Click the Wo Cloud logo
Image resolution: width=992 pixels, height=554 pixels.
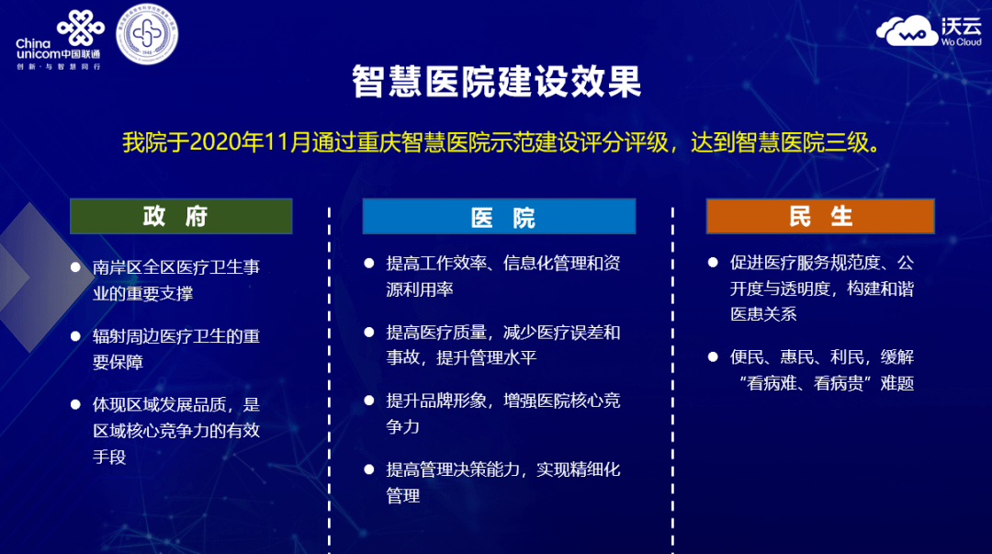coord(928,32)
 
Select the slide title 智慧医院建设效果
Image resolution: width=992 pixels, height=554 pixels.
coord(496,83)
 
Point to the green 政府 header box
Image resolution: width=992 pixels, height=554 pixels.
coord(181,216)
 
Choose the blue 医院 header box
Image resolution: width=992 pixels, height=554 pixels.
coord(499,217)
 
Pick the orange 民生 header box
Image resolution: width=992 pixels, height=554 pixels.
coord(819,216)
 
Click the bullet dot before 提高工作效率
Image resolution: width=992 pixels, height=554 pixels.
coord(369,263)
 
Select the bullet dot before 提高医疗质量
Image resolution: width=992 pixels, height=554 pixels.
coord(369,332)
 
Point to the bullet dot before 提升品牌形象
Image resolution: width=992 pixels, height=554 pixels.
coord(369,401)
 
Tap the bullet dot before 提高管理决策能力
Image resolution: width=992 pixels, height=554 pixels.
coord(369,469)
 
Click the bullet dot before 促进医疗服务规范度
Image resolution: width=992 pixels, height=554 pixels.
coord(713,263)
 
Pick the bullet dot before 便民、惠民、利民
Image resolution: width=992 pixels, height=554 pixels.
coord(713,356)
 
